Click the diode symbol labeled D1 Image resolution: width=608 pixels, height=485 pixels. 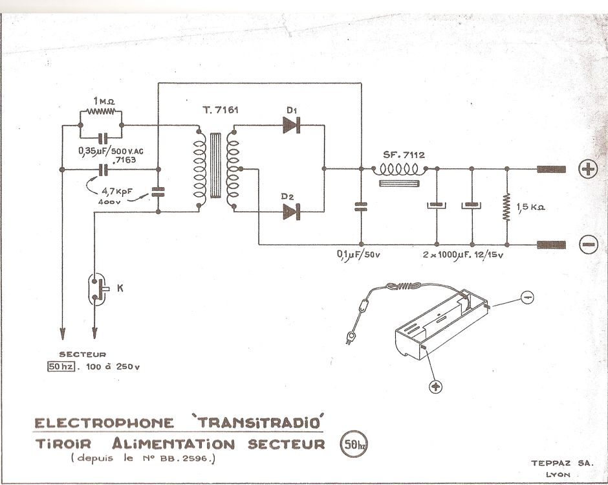tap(293, 125)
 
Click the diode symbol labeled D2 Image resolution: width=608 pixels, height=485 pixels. tap(293, 212)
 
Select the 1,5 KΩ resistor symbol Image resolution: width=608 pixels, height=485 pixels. tap(507, 207)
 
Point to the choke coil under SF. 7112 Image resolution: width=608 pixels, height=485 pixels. tap(401, 170)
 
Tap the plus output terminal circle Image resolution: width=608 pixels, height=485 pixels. tap(588, 170)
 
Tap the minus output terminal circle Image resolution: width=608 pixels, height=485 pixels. tap(588, 245)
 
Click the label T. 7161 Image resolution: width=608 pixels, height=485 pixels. tap(220, 110)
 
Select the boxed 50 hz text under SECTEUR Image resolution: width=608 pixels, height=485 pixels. tap(60, 367)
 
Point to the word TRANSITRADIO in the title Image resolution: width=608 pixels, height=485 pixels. tap(261, 422)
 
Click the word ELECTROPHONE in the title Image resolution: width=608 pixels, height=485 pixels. tap(104, 423)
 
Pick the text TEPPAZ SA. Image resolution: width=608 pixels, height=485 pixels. tap(559, 464)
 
